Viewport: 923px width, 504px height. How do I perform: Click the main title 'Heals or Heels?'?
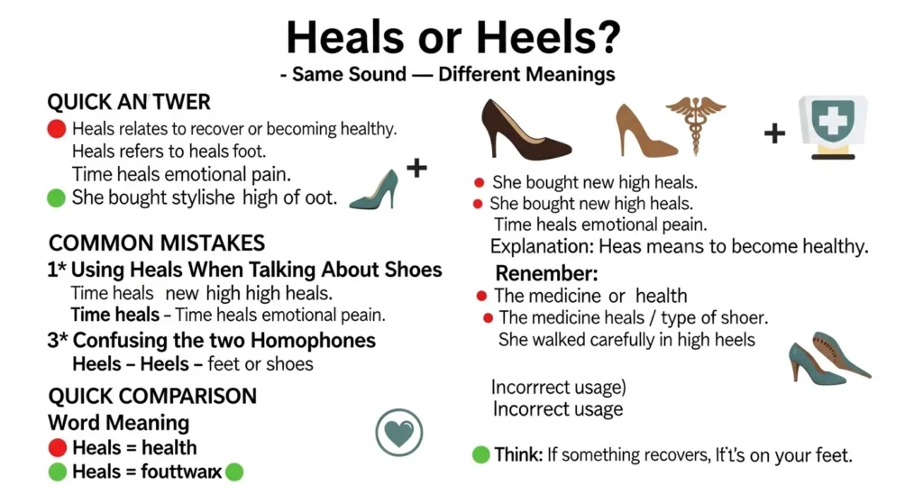tap(453, 38)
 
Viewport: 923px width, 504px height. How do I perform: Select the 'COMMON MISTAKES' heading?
tap(157, 243)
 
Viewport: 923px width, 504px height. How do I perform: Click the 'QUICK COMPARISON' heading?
tap(152, 396)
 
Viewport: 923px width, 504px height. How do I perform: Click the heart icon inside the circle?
tap(398, 435)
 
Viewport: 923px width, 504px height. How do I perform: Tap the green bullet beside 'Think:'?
tap(481, 455)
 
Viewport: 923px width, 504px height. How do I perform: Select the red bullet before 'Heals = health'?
tap(57, 447)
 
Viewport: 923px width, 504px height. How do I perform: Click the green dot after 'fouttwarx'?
tap(235, 471)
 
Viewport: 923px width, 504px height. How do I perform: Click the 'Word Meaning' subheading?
tap(118, 422)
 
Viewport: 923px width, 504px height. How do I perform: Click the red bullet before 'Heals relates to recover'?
tap(56, 129)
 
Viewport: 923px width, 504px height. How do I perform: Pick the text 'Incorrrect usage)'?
tap(559, 388)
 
